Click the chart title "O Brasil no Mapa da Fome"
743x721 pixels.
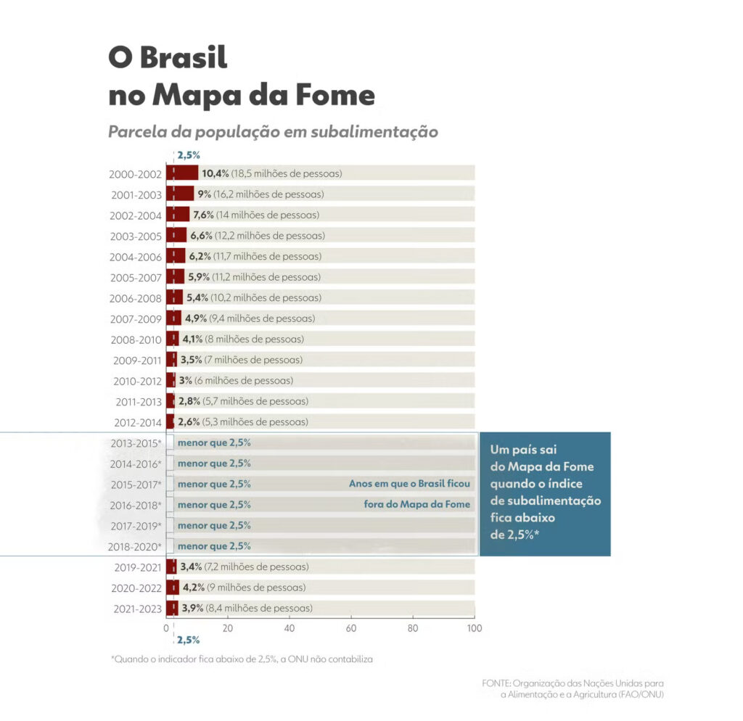coord(241,77)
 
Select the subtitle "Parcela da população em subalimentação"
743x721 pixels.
coord(273,132)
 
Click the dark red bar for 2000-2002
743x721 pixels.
coord(182,173)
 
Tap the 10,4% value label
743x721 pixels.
coord(215,173)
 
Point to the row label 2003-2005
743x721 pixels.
coord(135,236)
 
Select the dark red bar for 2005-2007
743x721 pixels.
coord(175,277)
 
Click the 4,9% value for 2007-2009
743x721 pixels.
coord(196,318)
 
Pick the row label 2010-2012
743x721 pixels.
coord(137,381)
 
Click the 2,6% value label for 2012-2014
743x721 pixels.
coord(189,422)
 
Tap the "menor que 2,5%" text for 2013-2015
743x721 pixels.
coord(214,442)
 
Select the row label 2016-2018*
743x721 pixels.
coord(136,505)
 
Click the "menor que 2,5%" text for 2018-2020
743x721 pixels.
coord(214,546)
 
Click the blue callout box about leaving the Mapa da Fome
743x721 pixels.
coord(545,493)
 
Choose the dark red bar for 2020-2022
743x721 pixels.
coord(173,588)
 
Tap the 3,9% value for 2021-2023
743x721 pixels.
coord(192,609)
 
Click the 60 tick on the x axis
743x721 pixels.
coord(351,627)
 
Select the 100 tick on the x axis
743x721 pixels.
coord(474,627)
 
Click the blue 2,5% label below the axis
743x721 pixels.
coord(188,640)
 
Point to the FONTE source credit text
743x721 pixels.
coord(572,688)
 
